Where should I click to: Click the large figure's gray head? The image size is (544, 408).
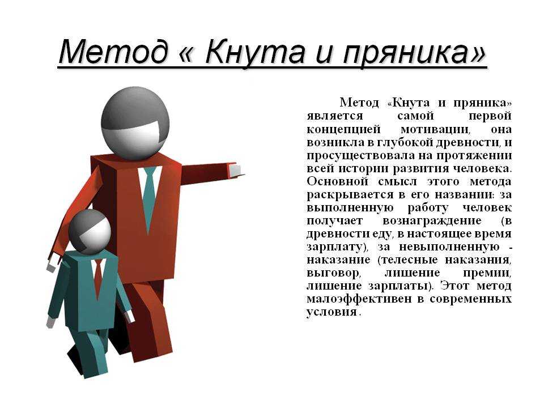[135, 123]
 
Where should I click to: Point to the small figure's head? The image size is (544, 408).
[90, 231]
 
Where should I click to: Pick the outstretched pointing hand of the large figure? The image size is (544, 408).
[235, 171]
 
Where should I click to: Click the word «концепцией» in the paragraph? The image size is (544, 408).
[343, 130]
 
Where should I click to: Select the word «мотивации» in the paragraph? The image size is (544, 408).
[435, 130]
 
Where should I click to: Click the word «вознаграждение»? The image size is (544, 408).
[432, 220]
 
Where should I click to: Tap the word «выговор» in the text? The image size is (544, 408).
[333, 273]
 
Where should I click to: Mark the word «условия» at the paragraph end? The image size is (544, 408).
[331, 312]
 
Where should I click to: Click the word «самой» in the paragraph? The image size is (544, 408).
[415, 116]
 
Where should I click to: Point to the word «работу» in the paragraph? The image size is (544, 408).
[428, 208]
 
